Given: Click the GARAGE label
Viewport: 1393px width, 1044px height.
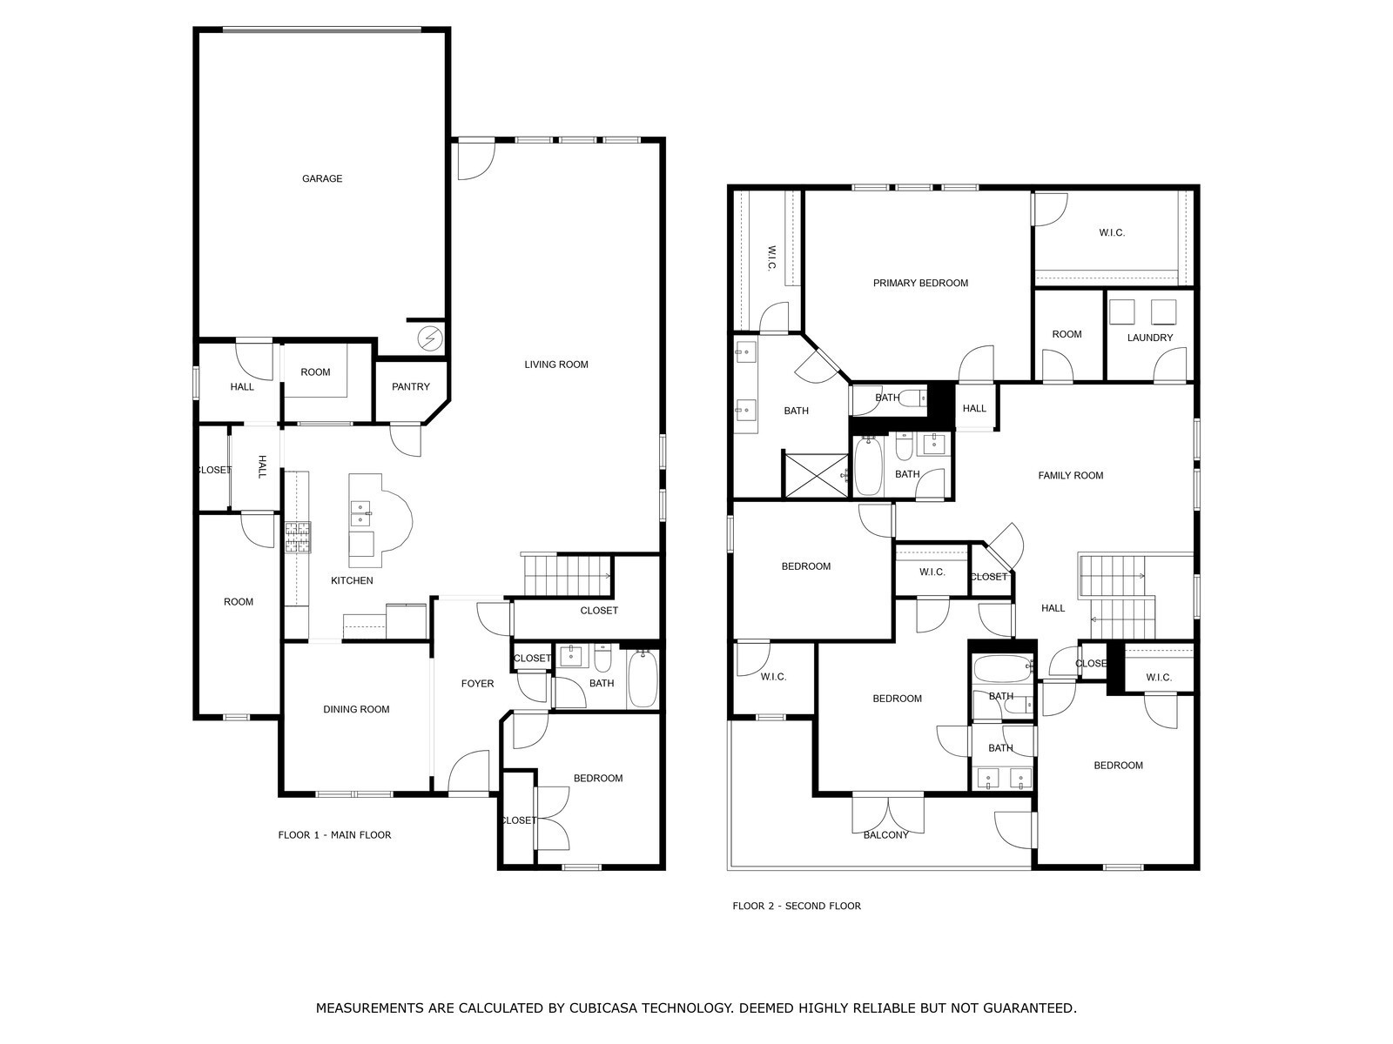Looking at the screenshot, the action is [322, 178].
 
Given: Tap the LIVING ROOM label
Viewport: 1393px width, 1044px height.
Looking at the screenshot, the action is [556, 365].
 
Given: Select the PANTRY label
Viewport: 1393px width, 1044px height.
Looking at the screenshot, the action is [411, 386].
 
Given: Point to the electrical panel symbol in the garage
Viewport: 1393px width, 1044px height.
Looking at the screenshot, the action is [429, 338].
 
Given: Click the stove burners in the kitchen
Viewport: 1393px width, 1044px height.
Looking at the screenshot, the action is [298, 537].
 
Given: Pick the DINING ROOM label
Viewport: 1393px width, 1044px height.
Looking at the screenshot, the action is [356, 709].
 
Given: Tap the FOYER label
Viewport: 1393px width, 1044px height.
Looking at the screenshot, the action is [477, 683].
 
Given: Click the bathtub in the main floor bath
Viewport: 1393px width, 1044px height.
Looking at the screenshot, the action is [643, 679].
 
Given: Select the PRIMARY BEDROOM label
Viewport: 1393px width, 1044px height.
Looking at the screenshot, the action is [920, 284].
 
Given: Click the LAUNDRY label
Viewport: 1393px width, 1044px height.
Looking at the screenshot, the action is [1150, 338].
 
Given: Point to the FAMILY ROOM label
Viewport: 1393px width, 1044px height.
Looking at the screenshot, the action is [1071, 475].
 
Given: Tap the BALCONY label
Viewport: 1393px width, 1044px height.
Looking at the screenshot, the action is [886, 835].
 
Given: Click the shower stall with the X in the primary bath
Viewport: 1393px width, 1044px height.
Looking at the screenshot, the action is [816, 475].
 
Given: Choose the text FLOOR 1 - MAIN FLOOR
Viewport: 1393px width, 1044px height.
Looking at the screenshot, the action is [334, 835].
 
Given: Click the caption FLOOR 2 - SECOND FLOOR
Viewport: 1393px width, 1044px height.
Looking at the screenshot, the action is [797, 906].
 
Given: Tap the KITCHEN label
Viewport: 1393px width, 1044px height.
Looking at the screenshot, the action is [353, 580].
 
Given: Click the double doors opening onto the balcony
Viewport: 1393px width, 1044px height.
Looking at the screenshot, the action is [888, 814].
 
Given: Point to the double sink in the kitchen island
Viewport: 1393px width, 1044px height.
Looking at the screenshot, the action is [360, 514].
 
